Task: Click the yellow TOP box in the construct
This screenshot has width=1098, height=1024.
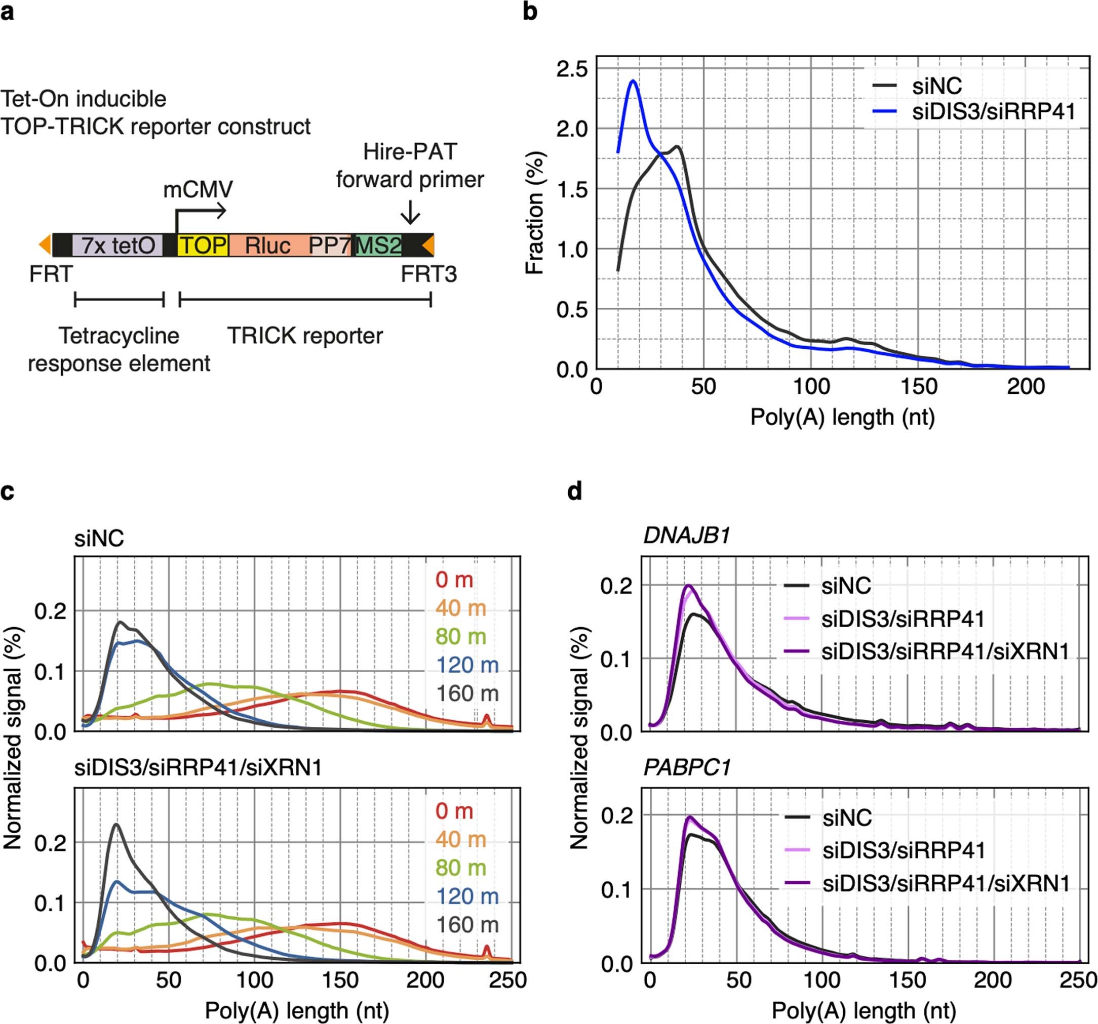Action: point(203,245)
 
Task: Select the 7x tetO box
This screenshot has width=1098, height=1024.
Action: point(117,245)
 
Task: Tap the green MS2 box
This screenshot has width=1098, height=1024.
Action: point(379,245)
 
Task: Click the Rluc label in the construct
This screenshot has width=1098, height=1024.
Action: point(268,245)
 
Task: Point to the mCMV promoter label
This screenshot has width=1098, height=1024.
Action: point(198,189)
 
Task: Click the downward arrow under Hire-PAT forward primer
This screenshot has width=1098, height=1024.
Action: point(410,213)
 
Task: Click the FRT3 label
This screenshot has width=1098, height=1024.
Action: point(428,274)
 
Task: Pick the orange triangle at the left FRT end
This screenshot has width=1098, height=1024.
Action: point(45,245)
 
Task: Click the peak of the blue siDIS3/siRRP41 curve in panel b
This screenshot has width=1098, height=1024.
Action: point(633,81)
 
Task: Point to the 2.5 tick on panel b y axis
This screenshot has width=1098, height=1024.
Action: point(572,69)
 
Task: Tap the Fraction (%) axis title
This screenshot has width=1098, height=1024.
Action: point(535,213)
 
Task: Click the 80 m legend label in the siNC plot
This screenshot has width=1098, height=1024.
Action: point(461,636)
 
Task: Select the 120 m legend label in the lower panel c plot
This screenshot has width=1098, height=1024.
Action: point(467,896)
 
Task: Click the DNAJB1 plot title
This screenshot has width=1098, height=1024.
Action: point(687,536)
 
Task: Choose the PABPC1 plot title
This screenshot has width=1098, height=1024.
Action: point(687,767)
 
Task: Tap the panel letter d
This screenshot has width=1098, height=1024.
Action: point(574,490)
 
